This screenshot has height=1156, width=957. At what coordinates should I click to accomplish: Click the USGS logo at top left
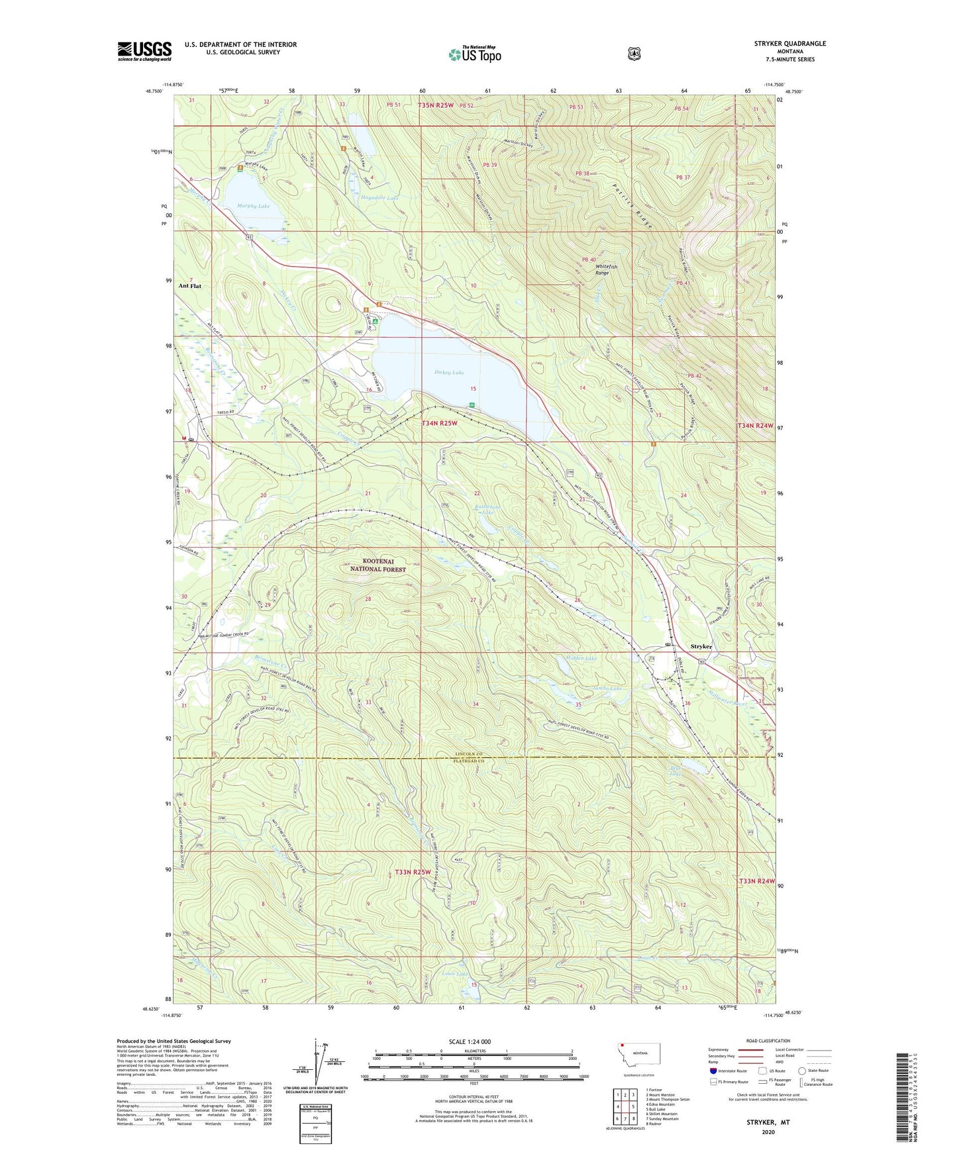144,51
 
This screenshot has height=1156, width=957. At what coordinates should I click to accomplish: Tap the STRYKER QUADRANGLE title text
787,44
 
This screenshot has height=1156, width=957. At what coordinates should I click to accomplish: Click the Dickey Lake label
449,373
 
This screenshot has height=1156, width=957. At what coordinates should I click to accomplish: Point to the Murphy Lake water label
254,207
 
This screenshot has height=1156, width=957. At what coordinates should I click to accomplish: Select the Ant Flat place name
190,286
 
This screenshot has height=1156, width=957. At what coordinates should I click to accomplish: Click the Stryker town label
701,646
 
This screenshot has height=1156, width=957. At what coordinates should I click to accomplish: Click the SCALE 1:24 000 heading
470,1041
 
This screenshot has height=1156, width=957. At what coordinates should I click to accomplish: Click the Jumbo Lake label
607,689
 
